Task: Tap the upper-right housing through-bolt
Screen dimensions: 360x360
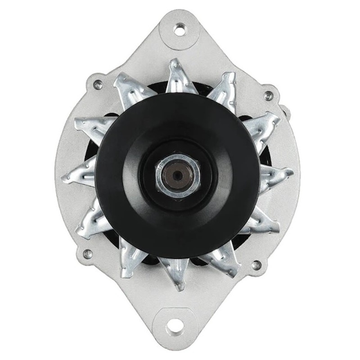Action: coord(268,95)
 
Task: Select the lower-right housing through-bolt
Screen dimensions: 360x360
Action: coord(256,265)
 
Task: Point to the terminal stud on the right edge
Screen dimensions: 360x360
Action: coord(283,110)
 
